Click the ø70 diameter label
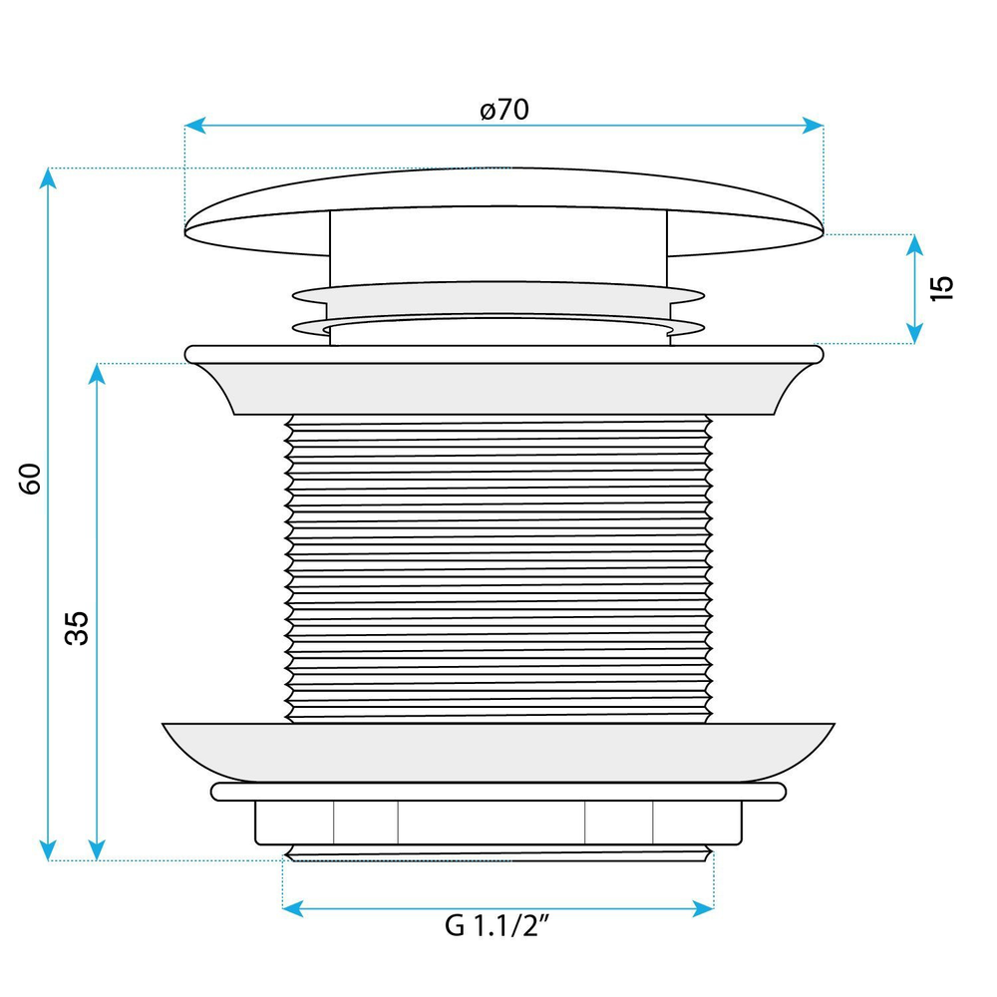tap(504, 110)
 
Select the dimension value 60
tap(30, 479)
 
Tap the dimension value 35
tap(77, 628)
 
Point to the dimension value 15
tap(942, 289)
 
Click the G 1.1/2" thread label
tap(497, 925)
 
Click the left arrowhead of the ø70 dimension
tap(194, 126)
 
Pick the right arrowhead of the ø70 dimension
tap(814, 126)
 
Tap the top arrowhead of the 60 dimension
tap(48, 178)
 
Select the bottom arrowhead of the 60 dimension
tap(48, 850)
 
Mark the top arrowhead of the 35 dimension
tap(97, 374)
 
